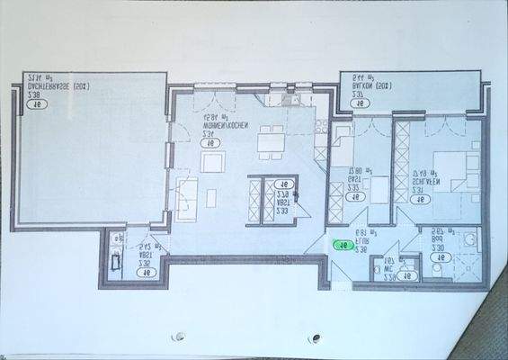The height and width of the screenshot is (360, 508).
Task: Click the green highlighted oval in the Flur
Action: coord(343,243)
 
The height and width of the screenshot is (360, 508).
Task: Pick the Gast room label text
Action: coord(361,177)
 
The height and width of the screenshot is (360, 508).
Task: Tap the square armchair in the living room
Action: coord(213,161)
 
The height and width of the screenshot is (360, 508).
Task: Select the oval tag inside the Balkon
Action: coord(360,103)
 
